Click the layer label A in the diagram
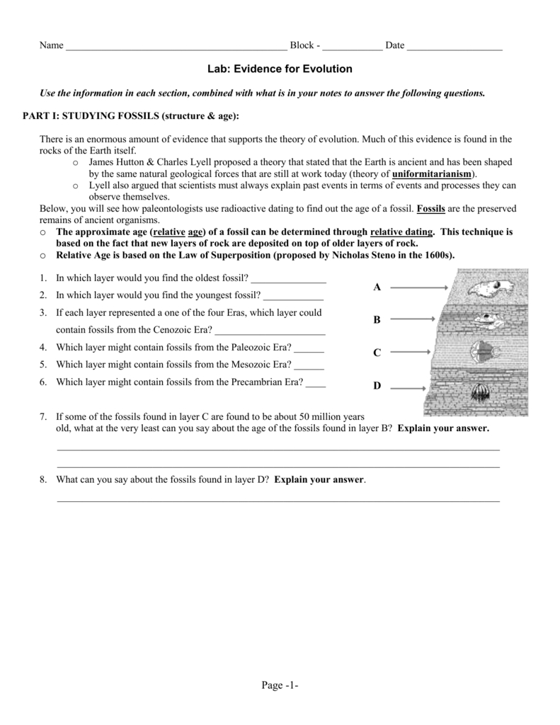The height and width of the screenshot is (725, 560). point(377,287)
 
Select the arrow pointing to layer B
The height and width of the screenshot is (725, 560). point(413,319)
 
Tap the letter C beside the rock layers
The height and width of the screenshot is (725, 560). point(377,353)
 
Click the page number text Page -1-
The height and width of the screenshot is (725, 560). point(280,685)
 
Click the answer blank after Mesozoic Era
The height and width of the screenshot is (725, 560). point(308,365)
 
